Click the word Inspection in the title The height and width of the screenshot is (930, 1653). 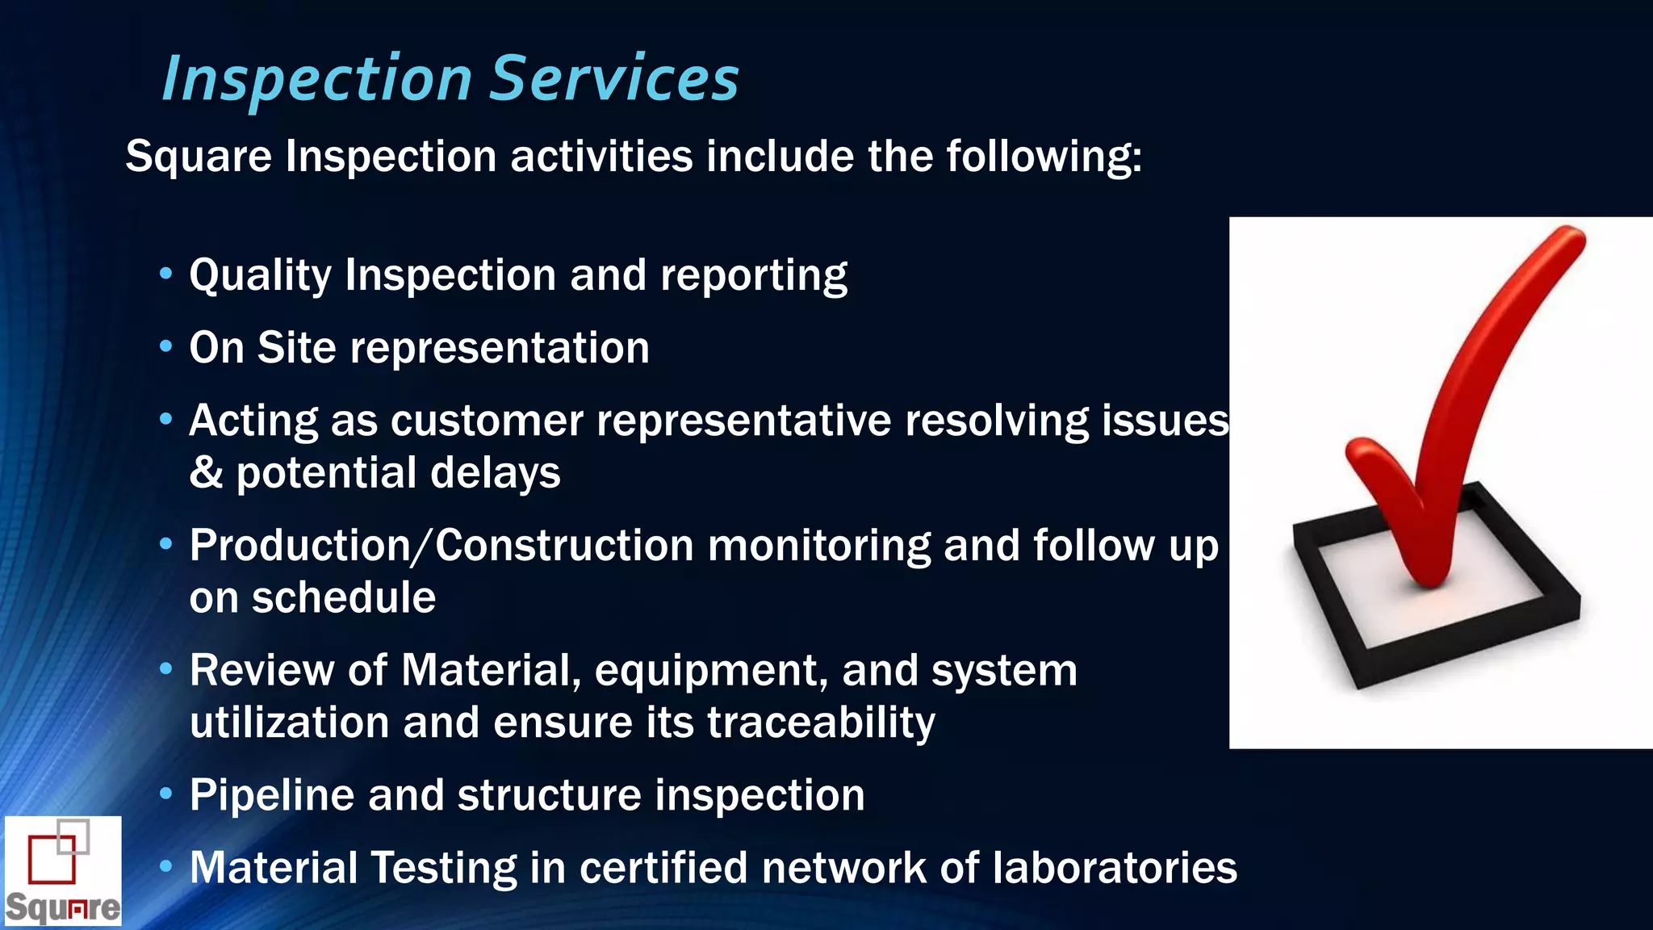click(x=317, y=79)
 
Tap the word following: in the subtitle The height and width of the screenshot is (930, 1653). click(x=1044, y=157)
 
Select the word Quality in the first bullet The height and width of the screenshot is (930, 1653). click(x=260, y=276)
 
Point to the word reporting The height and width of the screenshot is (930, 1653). click(x=754, y=276)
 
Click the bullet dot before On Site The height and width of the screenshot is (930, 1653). click(x=166, y=347)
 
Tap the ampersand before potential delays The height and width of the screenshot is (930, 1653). click(x=206, y=473)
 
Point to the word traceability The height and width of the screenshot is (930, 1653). click(x=821, y=723)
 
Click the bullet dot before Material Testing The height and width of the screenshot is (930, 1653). click(x=166, y=867)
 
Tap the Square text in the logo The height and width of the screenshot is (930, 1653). click(x=63, y=907)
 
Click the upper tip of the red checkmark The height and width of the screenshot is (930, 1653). click(x=1570, y=237)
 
